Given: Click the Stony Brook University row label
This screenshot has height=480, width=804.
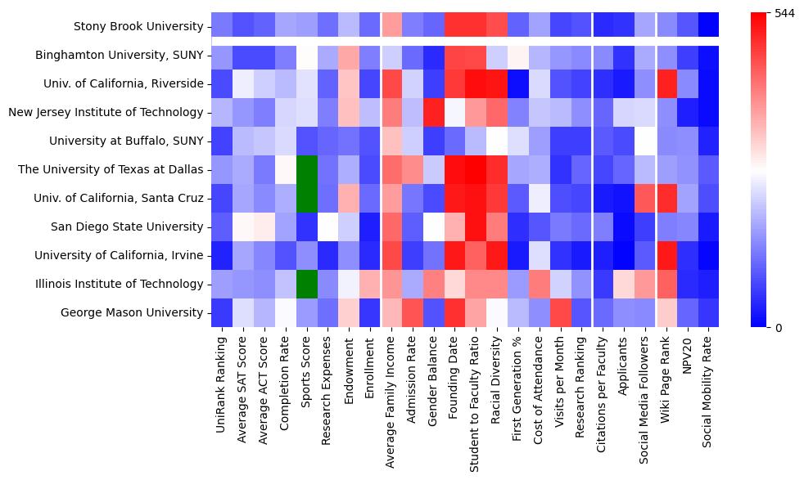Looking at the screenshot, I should pos(138,26).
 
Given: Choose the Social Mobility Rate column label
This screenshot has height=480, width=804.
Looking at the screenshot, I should pos(707,392).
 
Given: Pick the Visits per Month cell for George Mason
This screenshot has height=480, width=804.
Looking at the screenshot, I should pos(562,312).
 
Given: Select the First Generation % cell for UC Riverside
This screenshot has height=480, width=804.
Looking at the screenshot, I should pos(519,83).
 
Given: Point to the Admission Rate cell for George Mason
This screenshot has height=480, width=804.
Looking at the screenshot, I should pos(413,312).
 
